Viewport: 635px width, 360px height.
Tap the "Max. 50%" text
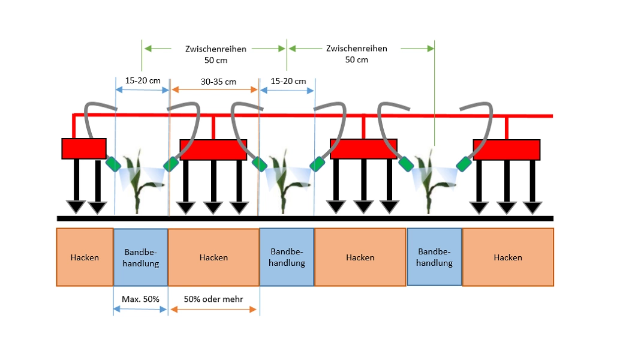pos(140,298)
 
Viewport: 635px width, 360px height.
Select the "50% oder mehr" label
pos(214,298)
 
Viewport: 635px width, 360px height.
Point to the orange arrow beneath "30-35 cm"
pos(214,90)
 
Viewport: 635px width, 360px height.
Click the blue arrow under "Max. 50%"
pos(140,310)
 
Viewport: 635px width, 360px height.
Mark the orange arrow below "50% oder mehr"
pos(214,310)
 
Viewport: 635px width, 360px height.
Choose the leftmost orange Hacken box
pos(85,257)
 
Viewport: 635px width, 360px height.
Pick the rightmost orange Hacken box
pos(508,257)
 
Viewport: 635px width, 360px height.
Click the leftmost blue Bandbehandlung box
pos(140,257)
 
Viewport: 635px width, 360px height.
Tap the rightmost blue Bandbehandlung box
pos(435,257)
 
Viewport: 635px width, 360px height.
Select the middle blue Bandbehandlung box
pos(287,257)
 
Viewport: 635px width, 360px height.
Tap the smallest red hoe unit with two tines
pos(84,148)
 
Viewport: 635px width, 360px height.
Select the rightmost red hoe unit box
pos(507,149)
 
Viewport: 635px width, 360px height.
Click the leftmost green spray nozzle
pos(112,164)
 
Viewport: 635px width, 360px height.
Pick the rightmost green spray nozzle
pos(463,163)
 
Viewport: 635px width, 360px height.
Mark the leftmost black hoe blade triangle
pos(76,208)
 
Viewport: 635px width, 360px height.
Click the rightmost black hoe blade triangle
pos(532,208)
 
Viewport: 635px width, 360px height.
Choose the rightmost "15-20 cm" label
pos(288,82)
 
